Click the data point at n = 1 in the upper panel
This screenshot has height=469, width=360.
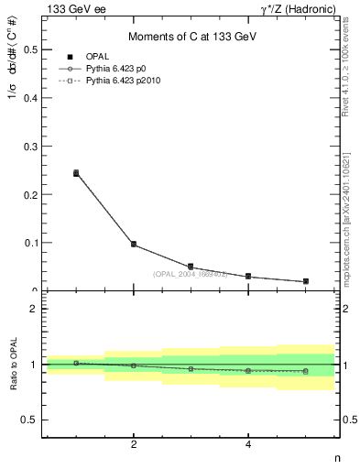76,172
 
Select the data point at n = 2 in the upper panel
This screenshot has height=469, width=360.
134,245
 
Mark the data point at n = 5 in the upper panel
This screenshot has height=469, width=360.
305,281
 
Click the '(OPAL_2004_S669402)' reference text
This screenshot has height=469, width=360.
190,274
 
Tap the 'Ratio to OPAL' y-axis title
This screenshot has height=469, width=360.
14,365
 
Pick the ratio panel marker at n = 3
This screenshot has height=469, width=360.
191,368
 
